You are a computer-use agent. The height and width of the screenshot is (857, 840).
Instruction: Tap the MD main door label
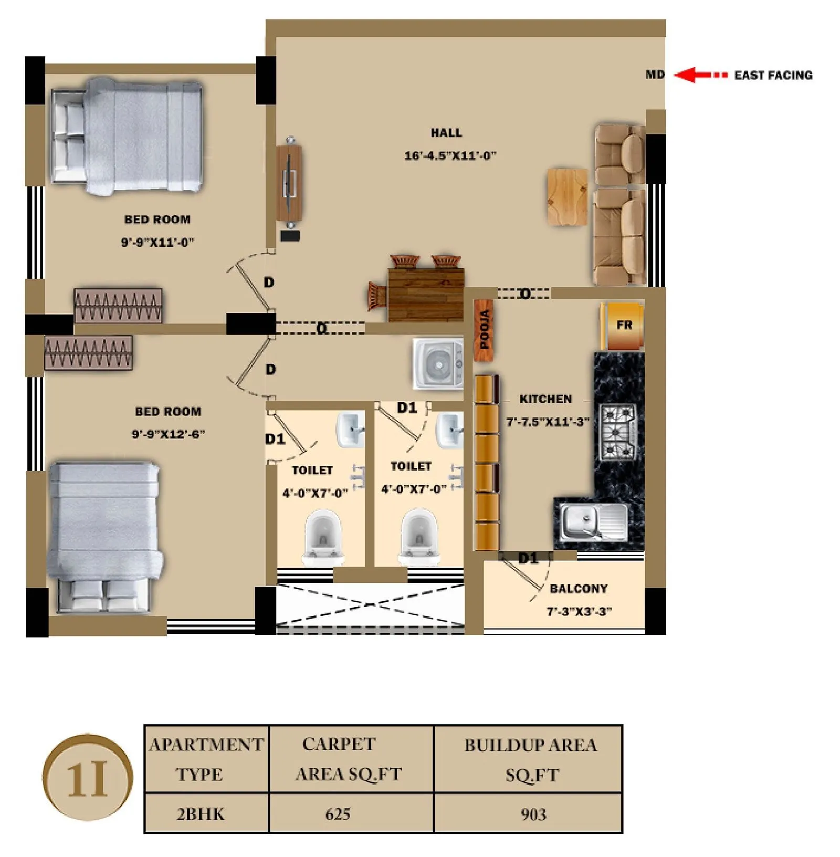click(655, 75)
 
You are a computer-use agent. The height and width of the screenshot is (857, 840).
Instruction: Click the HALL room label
click(446, 133)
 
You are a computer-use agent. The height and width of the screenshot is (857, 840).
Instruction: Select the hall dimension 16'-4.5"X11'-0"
click(450, 155)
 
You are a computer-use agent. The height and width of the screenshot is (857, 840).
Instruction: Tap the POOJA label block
click(484, 330)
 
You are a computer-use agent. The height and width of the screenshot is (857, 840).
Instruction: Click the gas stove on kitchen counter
click(618, 432)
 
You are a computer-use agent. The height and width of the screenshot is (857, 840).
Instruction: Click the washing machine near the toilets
click(438, 364)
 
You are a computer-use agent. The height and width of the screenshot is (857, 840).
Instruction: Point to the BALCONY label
click(579, 589)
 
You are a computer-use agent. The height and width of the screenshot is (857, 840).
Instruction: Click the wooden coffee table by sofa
click(567, 197)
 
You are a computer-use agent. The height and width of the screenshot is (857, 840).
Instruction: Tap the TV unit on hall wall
click(290, 183)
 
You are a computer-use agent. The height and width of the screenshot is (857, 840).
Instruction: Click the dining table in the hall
click(426, 294)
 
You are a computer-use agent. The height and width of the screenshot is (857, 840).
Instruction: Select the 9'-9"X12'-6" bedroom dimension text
click(168, 434)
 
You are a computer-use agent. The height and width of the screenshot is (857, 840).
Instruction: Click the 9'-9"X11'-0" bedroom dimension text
click(157, 242)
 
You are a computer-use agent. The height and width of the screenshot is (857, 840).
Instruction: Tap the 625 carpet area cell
click(338, 814)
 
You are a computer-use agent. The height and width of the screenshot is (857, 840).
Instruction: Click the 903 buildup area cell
click(533, 814)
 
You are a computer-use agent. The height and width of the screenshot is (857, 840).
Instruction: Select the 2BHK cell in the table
click(201, 814)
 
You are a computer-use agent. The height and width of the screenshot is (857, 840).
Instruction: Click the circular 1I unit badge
click(87, 778)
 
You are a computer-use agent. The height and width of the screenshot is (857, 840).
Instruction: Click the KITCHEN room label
click(545, 399)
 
